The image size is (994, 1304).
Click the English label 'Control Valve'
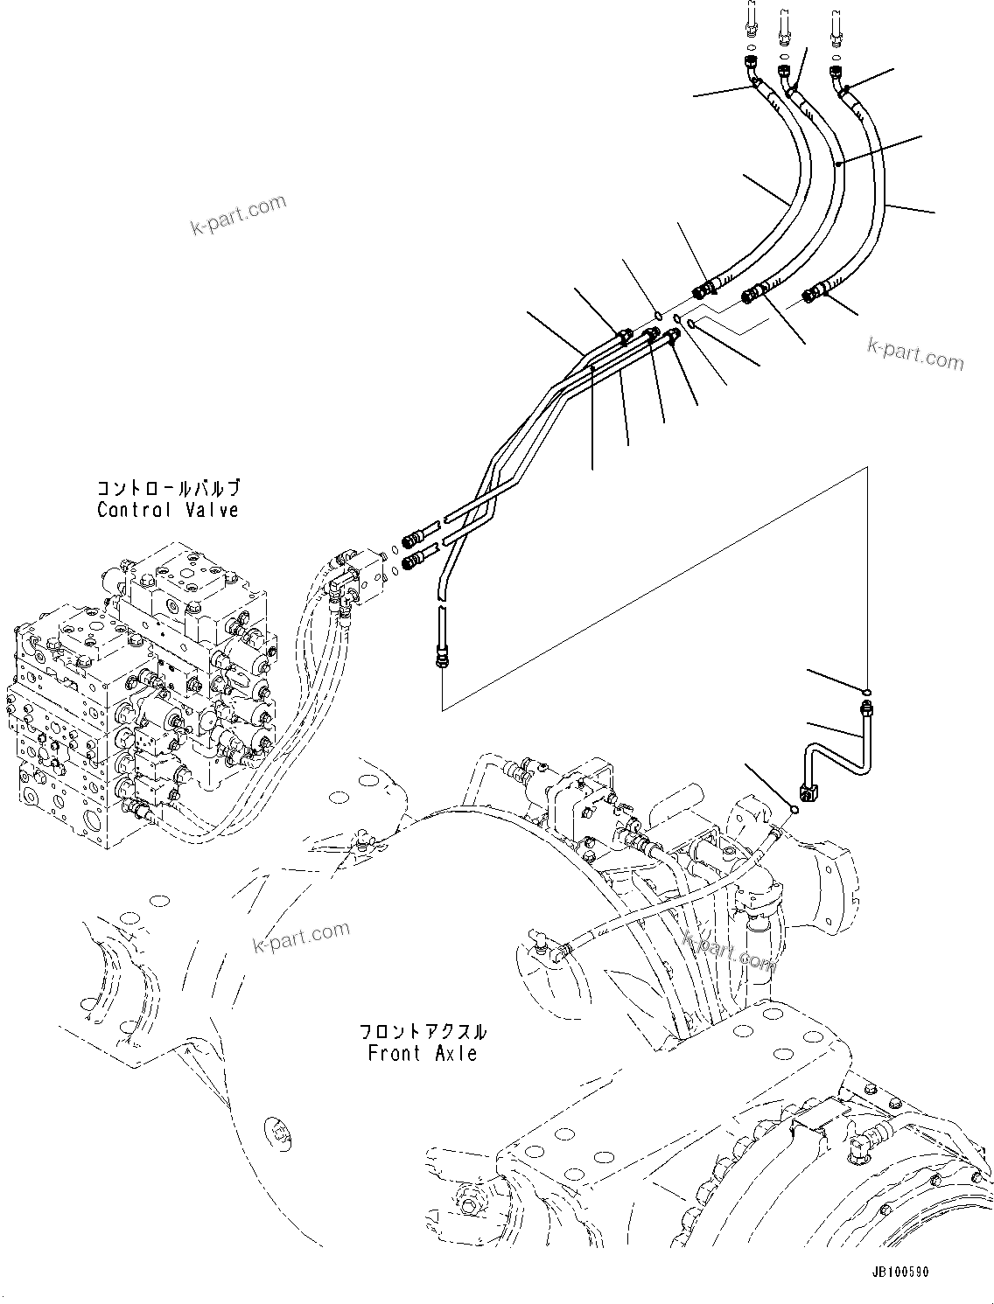tap(168, 510)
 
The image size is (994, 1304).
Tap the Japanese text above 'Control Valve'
tap(168, 489)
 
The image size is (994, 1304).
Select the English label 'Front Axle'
tap(423, 1053)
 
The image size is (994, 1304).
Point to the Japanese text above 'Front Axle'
tap(423, 1032)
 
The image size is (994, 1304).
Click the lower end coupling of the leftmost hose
tap(704, 289)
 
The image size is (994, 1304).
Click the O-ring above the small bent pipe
tap(864, 691)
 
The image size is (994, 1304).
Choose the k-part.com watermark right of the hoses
tap(915, 353)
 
